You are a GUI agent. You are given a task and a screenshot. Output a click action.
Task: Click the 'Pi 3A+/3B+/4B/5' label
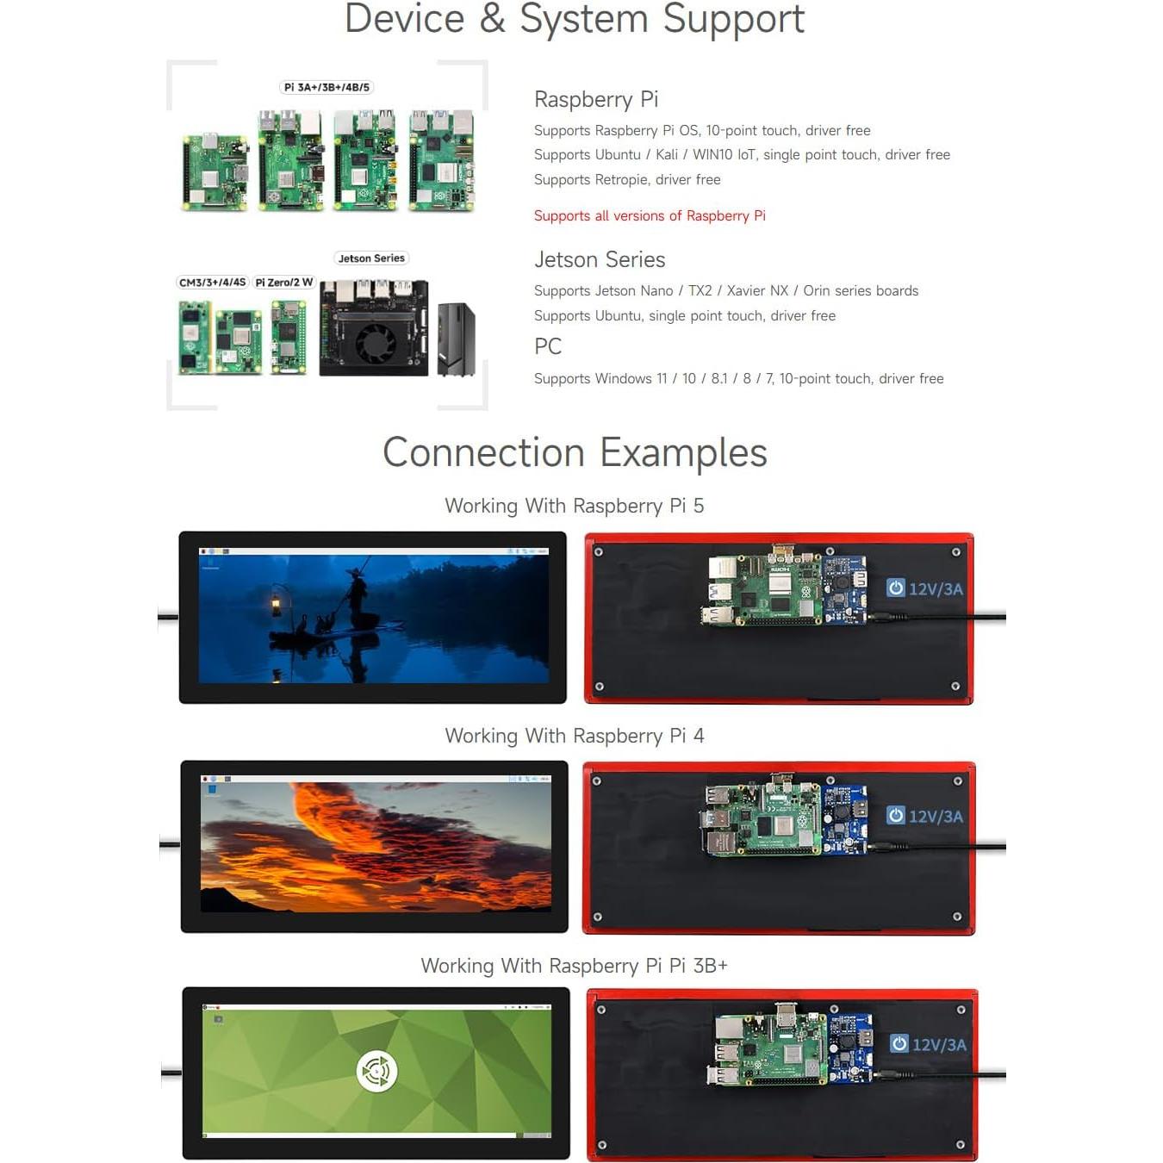click(327, 87)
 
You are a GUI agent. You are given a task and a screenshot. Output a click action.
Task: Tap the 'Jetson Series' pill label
click(371, 258)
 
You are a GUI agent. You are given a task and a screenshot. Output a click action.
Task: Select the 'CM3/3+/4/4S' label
click(212, 283)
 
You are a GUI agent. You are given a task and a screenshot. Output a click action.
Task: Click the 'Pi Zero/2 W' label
click(284, 283)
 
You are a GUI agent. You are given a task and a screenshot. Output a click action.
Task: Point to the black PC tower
click(456, 339)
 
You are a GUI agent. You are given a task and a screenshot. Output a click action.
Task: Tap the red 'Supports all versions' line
click(650, 215)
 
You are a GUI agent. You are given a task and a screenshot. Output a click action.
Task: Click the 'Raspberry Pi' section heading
click(596, 99)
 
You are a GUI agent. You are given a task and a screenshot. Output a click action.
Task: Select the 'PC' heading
click(548, 346)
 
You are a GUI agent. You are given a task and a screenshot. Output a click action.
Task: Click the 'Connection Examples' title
click(575, 452)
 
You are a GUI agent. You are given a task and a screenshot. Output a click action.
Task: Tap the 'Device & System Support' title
click(575, 19)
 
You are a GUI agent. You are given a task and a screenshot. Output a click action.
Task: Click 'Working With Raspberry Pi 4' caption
click(575, 736)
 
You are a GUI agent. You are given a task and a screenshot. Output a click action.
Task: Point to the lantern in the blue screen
click(277, 602)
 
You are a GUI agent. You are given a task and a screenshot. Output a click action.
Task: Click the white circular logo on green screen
click(376, 1072)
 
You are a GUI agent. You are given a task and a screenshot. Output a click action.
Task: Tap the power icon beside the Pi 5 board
click(896, 588)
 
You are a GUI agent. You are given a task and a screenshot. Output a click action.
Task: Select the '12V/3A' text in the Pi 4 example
click(936, 817)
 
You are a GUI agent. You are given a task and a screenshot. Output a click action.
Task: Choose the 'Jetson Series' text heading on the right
click(600, 259)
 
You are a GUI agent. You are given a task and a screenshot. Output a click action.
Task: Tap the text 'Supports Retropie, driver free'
click(627, 179)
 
